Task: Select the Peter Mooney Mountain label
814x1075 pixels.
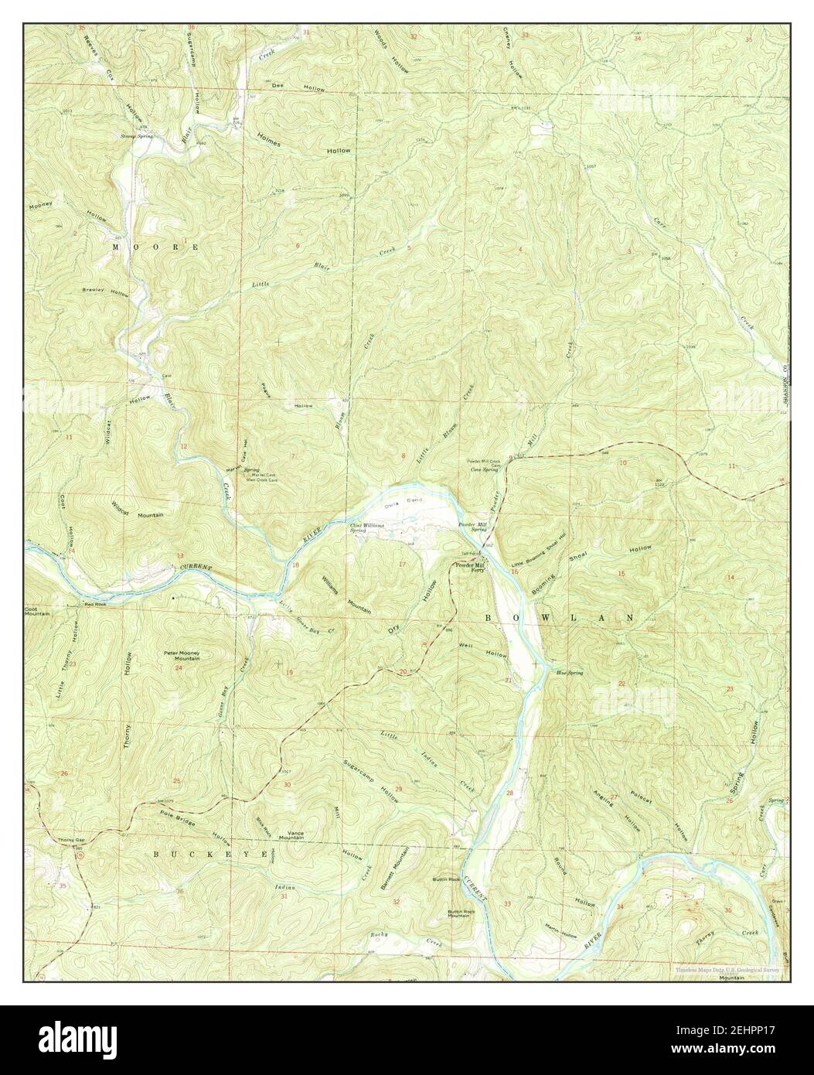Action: pos(182,656)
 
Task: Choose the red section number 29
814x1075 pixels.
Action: pos(398,788)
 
